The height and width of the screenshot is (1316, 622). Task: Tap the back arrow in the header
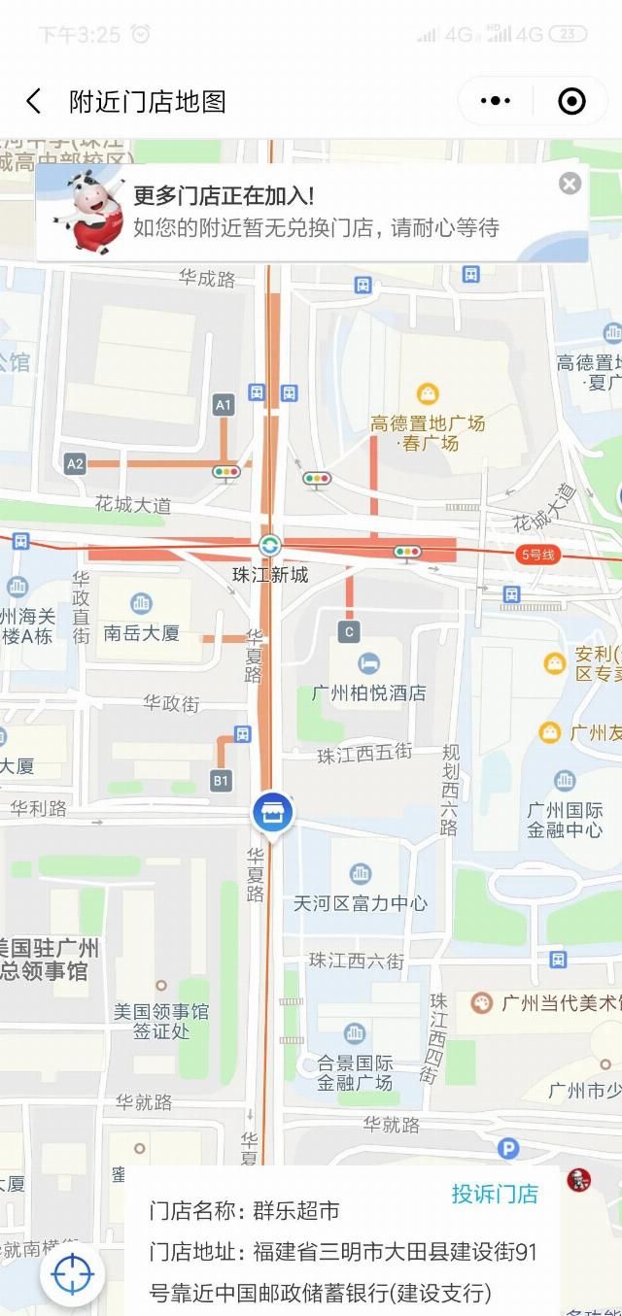[34, 101]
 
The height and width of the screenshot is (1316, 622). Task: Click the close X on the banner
[570, 184]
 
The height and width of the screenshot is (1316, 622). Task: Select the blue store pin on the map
[273, 813]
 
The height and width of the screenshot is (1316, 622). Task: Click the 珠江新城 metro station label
[270, 574]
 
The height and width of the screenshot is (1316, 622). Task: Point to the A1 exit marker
[225, 405]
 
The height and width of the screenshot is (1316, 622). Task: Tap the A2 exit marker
[75, 464]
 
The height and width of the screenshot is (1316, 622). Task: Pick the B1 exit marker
[222, 780]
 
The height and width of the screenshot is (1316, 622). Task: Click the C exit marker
[349, 632]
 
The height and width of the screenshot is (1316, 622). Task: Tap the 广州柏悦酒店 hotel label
[368, 693]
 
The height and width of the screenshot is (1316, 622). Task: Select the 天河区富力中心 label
[361, 903]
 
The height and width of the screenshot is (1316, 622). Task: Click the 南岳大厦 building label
[142, 633]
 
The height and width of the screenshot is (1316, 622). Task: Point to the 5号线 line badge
[537, 555]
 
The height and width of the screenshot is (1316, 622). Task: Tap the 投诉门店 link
[494, 1194]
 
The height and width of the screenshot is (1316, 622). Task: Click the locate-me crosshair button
[72, 1273]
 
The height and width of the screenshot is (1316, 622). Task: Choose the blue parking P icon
[507, 1149]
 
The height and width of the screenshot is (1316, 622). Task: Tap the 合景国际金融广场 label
[355, 1072]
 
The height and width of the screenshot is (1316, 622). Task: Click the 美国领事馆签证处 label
[161, 1021]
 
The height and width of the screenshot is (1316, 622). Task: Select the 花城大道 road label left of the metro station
[133, 505]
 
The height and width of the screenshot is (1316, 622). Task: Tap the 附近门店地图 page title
[148, 101]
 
